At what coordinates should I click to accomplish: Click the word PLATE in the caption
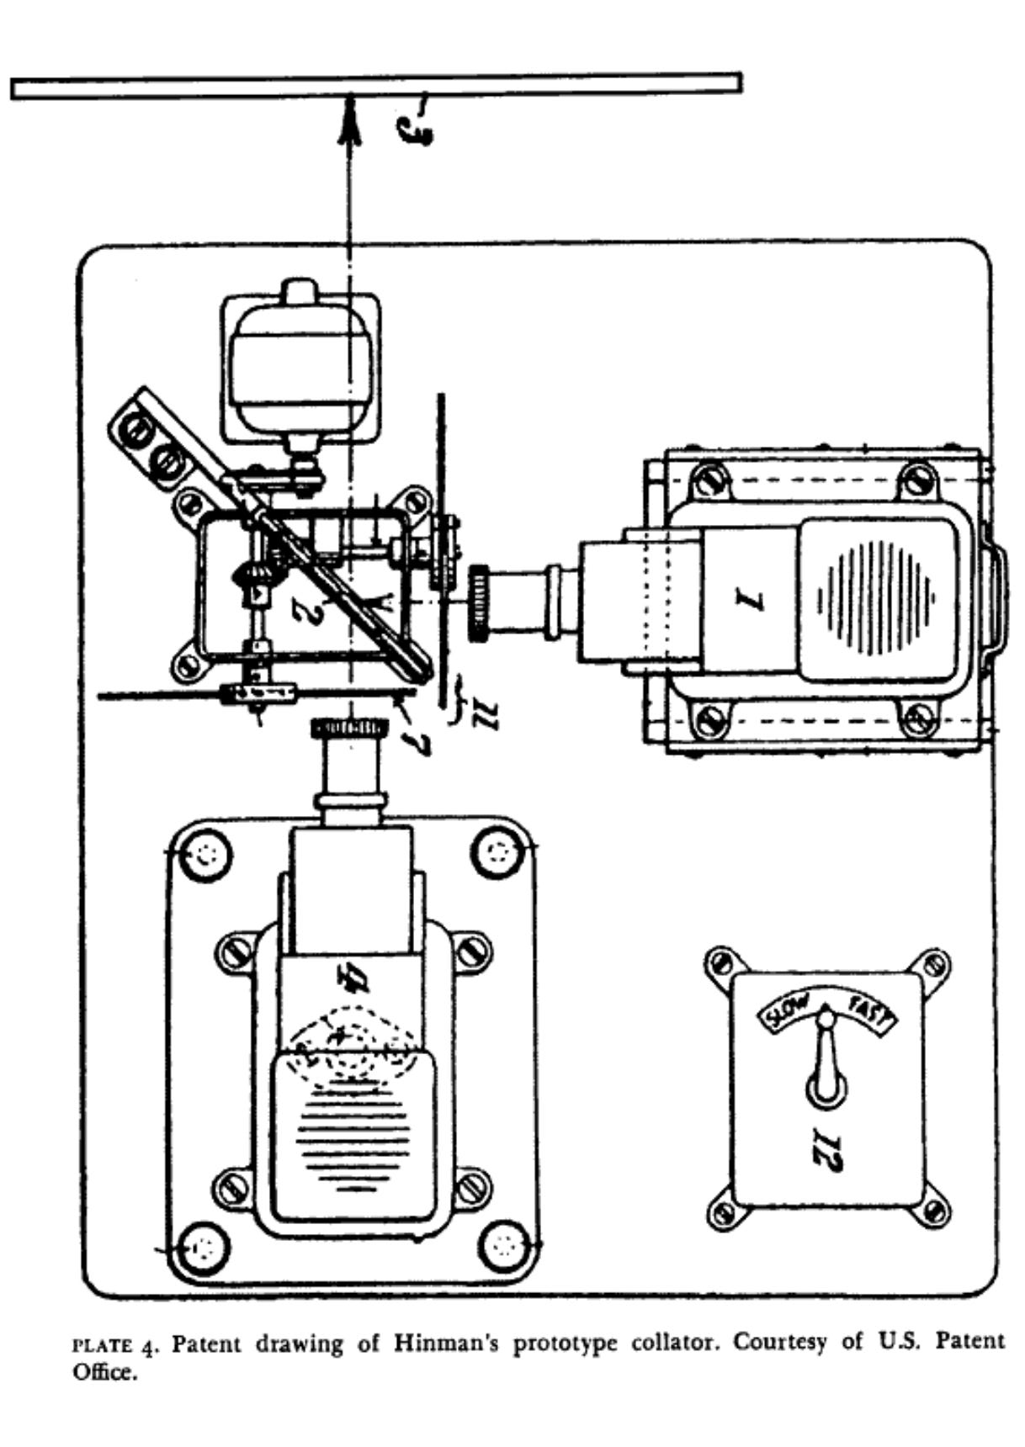tap(104, 1345)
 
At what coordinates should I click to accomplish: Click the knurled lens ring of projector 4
tap(349, 728)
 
